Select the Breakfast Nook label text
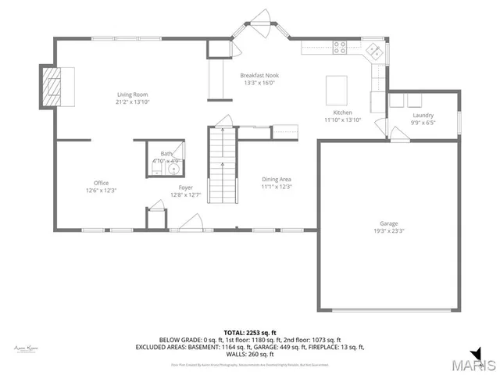(260, 75)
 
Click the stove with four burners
(341, 46)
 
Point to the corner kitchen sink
(373, 52)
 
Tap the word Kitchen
(342, 112)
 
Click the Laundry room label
(422, 115)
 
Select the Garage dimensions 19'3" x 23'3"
(388, 230)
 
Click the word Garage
(388, 223)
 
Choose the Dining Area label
(276, 180)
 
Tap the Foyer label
(186, 187)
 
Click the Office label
(102, 183)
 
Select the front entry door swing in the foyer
(187, 224)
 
